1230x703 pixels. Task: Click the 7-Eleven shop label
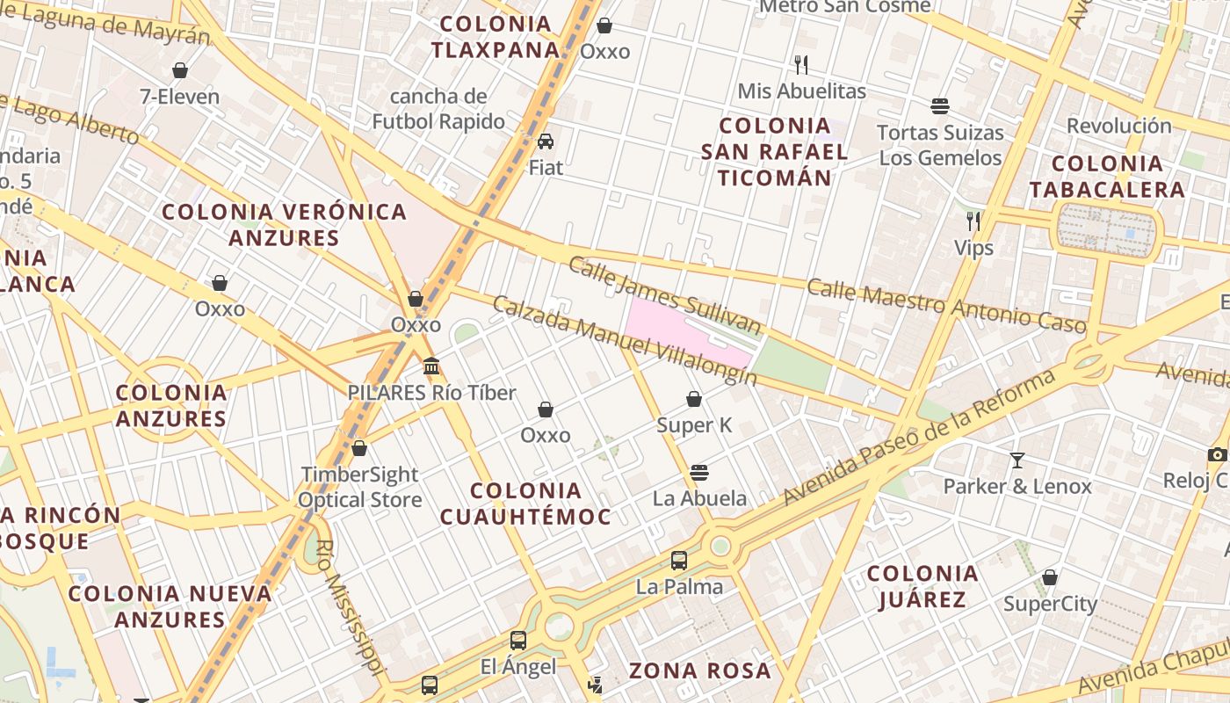coord(179,97)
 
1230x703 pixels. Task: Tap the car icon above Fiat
coord(546,141)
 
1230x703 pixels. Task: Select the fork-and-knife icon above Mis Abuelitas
coord(800,64)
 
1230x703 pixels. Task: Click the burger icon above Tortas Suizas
coord(940,106)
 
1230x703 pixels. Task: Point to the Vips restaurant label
coord(973,248)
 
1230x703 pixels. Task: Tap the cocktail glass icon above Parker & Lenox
coord(1017,460)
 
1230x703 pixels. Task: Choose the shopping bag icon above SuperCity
coord(1050,577)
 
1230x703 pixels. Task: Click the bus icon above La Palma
coord(679,560)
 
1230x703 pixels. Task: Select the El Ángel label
coord(518,667)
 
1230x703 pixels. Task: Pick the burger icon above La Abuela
coord(699,472)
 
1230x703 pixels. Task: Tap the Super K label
coord(694,425)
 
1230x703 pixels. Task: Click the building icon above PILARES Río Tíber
coord(431,366)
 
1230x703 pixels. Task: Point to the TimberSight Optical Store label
coord(359,488)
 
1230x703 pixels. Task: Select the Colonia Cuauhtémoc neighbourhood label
coord(525,504)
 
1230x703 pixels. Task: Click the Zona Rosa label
coord(699,671)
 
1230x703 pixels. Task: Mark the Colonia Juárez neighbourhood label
coord(922,587)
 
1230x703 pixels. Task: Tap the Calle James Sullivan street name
coord(664,295)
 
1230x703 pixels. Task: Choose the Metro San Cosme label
coord(844,7)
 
